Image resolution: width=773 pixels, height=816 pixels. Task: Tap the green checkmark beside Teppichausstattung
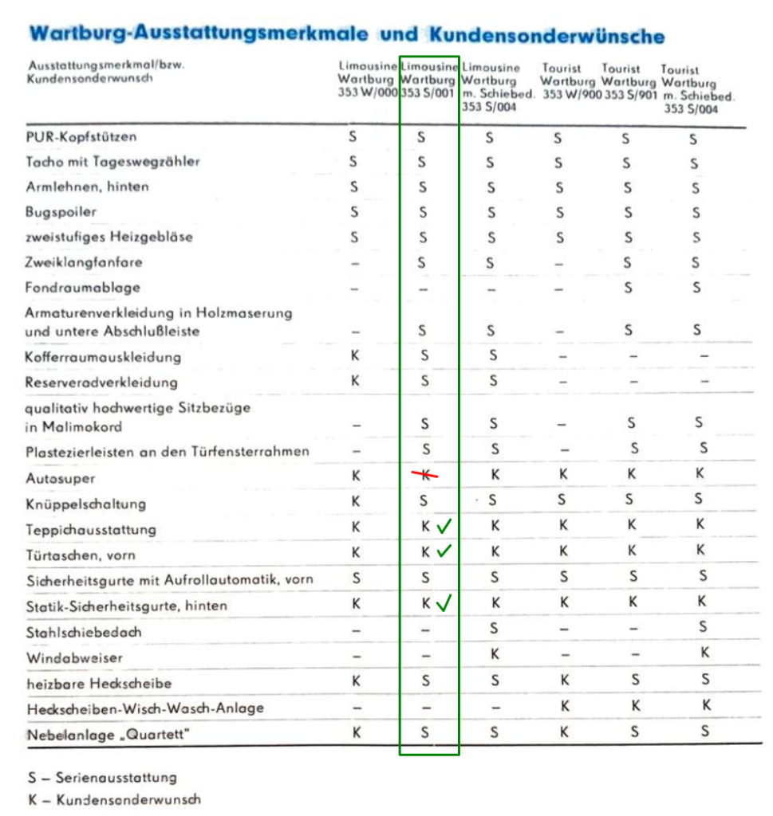pos(444,527)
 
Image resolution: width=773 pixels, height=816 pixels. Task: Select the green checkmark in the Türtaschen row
pos(444,551)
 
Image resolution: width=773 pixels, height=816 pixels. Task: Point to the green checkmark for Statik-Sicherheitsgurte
pos(444,603)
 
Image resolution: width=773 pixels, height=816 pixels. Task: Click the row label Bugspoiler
pos(61,212)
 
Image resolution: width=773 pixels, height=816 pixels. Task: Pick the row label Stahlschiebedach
pos(83,632)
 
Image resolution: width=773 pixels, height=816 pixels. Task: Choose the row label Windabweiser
pos(74,658)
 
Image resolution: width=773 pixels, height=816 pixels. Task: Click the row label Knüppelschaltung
pos(85,504)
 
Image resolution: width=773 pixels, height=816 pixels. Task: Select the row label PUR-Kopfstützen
pos(76,137)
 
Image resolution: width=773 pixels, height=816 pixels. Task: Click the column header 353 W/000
pos(367,92)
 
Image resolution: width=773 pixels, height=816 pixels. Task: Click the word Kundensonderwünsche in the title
pos(546,36)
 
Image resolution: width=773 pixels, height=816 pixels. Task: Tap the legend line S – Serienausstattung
pos(102,777)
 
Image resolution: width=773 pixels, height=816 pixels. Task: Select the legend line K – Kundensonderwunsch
pos(113,799)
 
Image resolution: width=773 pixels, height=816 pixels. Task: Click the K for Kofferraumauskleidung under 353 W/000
pos(355,355)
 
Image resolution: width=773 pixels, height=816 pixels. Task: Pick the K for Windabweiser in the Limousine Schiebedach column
pos(495,654)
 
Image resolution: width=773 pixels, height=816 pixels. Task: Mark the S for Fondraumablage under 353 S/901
pos(628,287)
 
